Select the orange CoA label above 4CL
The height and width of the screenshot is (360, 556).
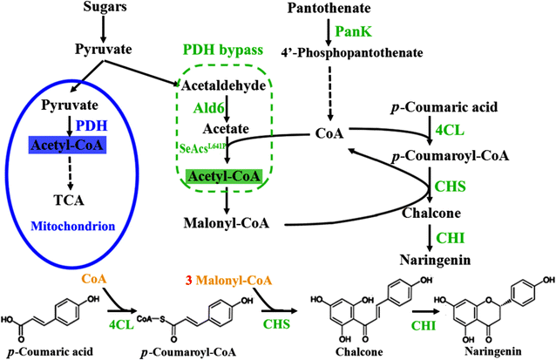click(94, 280)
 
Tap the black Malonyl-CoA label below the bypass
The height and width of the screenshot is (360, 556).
click(223, 222)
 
